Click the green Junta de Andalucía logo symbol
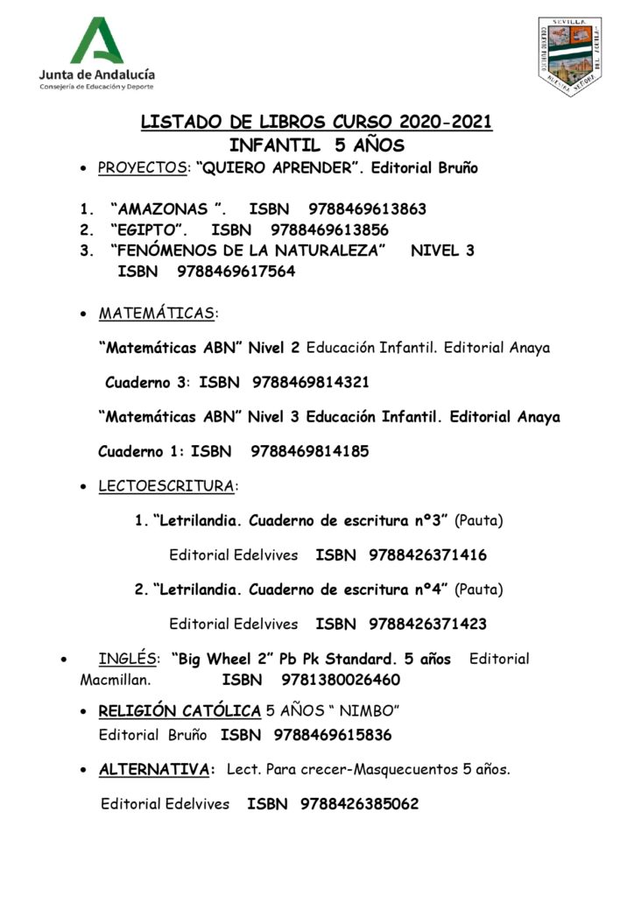coord(97,40)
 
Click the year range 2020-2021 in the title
coord(447,123)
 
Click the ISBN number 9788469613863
coord(368,209)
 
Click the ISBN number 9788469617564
coord(236,272)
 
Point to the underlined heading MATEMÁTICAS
coord(158,314)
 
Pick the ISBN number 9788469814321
coord(310,383)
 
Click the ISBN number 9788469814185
coord(309,452)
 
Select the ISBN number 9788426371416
coord(428,555)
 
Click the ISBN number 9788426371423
coord(428,625)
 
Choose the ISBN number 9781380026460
coord(341,681)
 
